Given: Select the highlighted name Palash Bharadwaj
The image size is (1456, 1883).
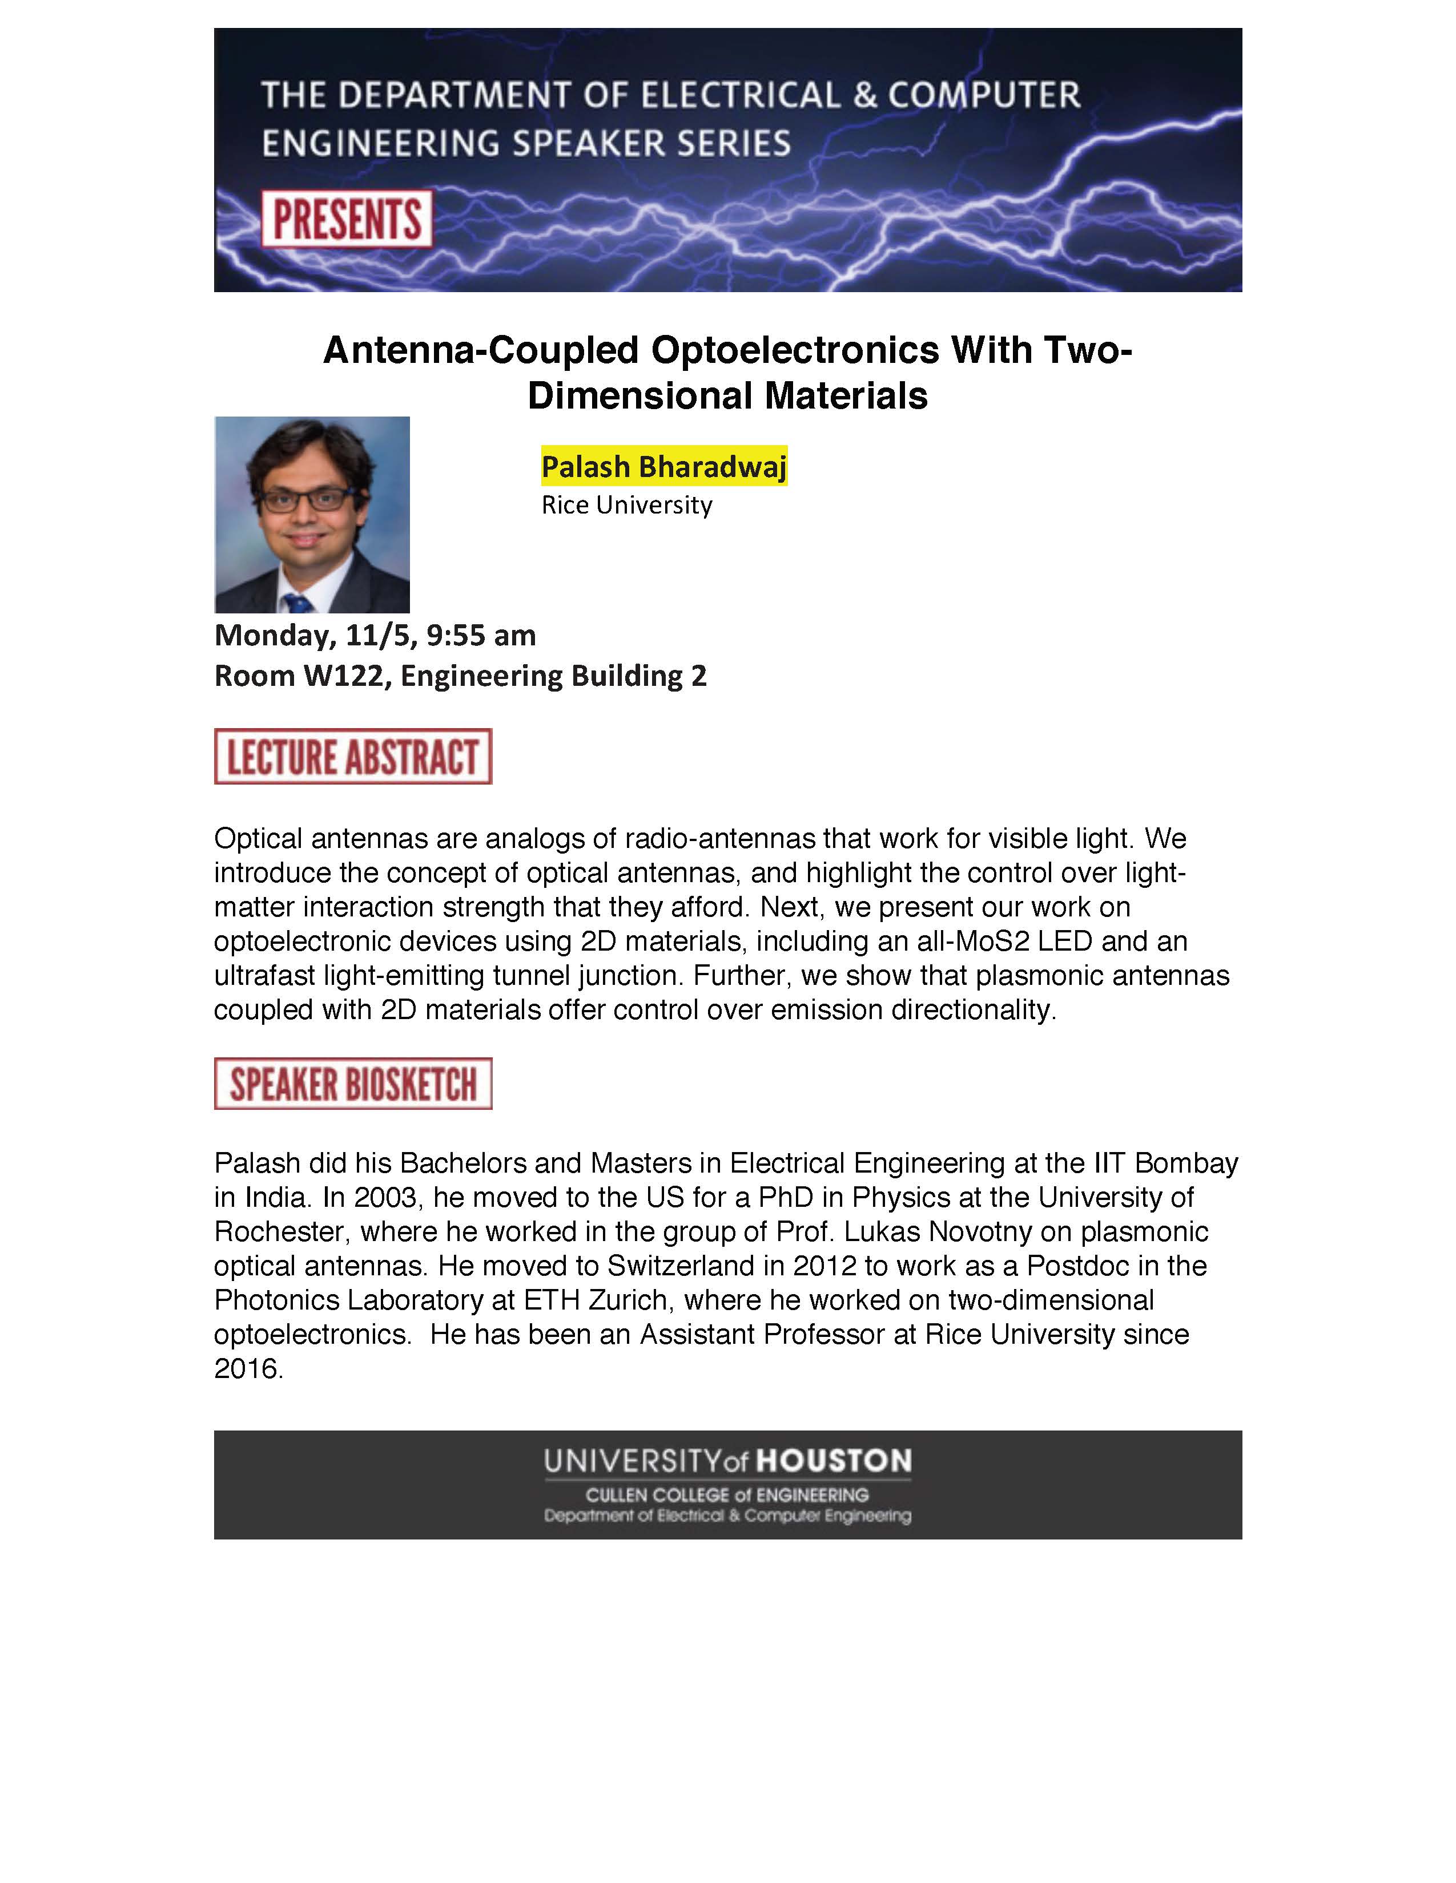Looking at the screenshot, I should (x=663, y=466).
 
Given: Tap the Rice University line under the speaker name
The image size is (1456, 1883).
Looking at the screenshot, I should (x=626, y=505).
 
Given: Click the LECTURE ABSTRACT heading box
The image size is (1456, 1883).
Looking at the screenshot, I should (x=353, y=756).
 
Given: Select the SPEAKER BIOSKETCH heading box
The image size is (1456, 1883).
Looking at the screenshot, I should (x=353, y=1083).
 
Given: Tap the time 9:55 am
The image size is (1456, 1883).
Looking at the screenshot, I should (x=481, y=636).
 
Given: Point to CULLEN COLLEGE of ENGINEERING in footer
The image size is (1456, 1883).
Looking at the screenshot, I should (x=727, y=1495).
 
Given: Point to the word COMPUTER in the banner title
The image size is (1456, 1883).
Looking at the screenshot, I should (x=984, y=95).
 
